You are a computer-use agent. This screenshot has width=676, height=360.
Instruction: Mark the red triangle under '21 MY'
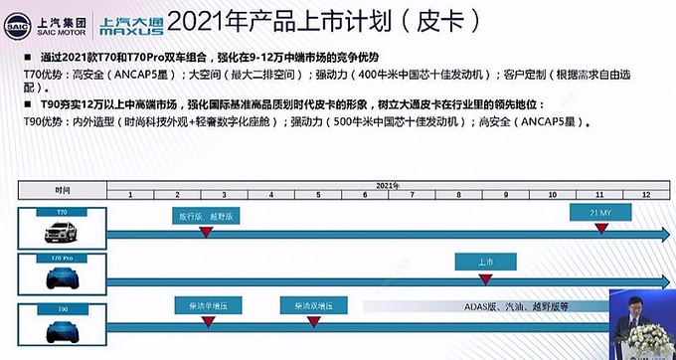pyautogui.click(x=601, y=230)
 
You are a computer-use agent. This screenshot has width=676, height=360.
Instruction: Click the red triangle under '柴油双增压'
pyautogui.click(x=319, y=325)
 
